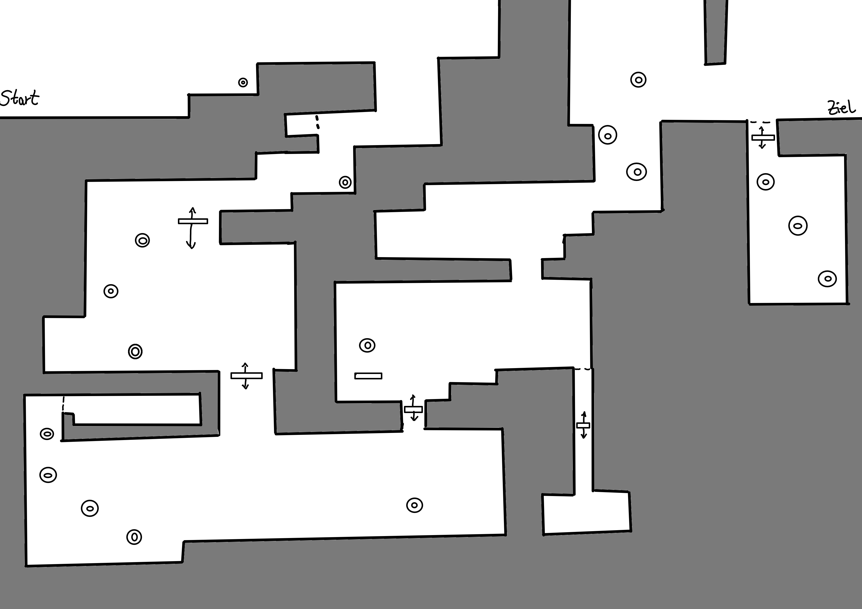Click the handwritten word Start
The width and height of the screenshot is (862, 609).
(x=19, y=98)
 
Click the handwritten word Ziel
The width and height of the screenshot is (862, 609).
(x=842, y=108)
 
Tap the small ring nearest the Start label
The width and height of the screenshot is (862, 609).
(x=243, y=83)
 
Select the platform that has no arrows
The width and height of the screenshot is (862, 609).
(x=368, y=376)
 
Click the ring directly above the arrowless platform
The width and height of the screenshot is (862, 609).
(x=367, y=345)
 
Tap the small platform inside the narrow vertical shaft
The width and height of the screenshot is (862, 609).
(x=583, y=425)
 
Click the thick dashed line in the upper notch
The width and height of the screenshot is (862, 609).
(x=317, y=122)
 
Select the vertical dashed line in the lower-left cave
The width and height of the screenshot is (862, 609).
(x=63, y=404)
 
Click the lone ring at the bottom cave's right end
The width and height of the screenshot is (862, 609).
(x=415, y=505)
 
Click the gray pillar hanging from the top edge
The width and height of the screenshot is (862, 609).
(x=716, y=32)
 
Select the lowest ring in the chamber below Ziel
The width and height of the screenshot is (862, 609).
(x=827, y=279)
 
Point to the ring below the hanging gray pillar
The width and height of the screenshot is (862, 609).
(x=638, y=80)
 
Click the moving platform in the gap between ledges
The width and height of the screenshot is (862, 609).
(x=413, y=409)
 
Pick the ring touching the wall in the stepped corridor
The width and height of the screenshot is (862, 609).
(x=345, y=182)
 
